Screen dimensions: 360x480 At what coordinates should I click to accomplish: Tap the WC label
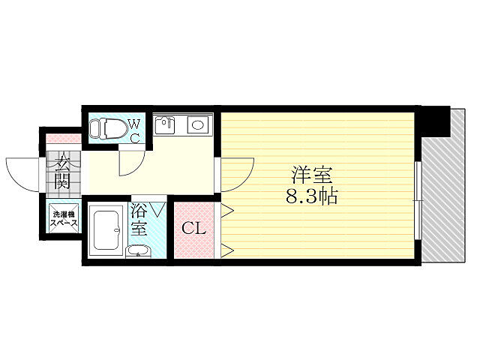(134, 130)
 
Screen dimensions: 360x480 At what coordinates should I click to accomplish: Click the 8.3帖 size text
(312, 198)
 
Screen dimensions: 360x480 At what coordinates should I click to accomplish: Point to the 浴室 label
(139, 218)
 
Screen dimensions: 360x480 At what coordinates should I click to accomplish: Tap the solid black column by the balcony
(434, 119)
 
